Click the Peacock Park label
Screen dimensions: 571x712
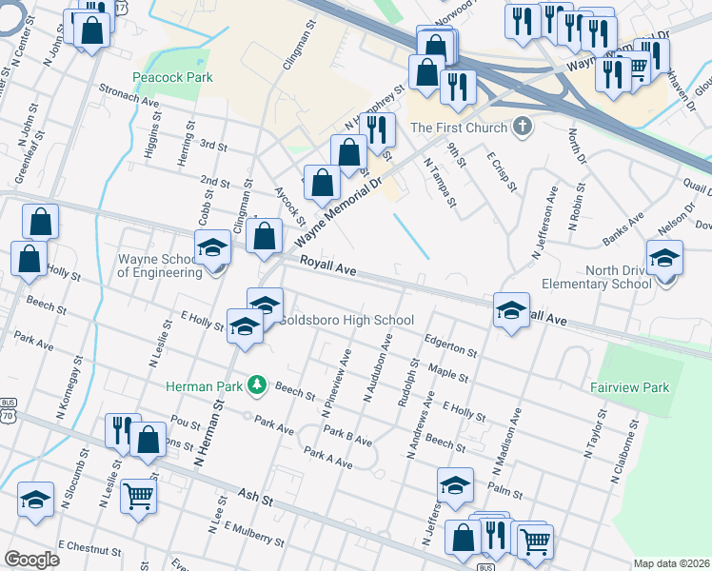(x=172, y=77)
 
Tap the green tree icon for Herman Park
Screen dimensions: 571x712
(x=255, y=384)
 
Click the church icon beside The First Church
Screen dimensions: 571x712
(x=521, y=127)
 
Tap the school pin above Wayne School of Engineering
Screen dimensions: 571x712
(x=212, y=248)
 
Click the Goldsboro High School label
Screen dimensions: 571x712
(x=346, y=320)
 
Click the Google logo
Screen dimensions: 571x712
(x=31, y=560)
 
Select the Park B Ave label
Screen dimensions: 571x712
(x=346, y=437)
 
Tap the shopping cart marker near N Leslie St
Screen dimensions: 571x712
(x=139, y=495)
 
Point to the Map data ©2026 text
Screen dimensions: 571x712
(x=670, y=563)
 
